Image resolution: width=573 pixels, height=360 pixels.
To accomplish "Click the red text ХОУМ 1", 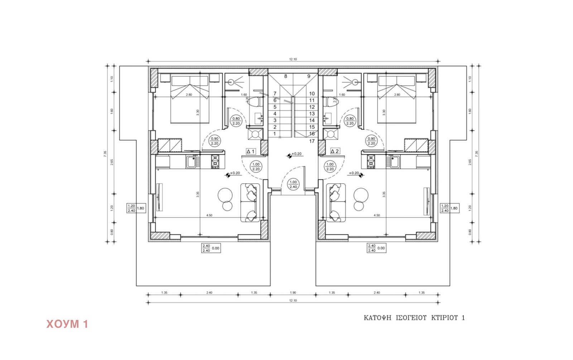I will pos(67,324).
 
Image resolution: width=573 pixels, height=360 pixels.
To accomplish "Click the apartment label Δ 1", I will pos(250,151).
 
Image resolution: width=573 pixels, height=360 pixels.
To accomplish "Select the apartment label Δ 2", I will pos(334,151).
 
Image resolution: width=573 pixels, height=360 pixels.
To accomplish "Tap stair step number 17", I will pos(312,141).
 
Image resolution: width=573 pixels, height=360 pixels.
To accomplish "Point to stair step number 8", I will pos(285,76).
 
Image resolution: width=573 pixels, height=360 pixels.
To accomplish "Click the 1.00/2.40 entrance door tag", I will pos(293,184).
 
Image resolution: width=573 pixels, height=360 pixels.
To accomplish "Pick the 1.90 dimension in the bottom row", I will pos(293,293).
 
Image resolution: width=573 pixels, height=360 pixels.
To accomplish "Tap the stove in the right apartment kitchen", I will pos(371,161).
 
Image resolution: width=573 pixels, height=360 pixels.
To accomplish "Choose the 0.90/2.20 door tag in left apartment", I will pos(214,141).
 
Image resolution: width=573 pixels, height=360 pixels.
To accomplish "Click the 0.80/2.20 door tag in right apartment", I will pos(350,121).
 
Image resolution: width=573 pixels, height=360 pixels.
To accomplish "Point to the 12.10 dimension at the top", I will pos(293,59).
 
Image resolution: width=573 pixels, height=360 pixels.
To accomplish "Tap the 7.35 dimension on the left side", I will pos(105,153).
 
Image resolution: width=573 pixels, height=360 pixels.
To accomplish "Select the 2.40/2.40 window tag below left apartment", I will pos(206,248).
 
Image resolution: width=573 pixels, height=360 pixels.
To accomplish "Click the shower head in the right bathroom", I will pos(355,82).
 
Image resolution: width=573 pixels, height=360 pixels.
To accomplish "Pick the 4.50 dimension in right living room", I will pos(376,215).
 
